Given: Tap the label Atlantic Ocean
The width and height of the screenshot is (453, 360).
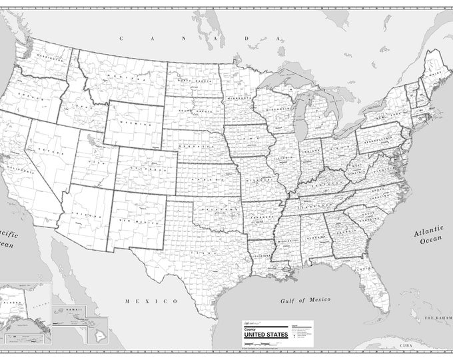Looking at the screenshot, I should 427,237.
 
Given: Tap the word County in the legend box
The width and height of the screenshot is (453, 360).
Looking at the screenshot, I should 248,327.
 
